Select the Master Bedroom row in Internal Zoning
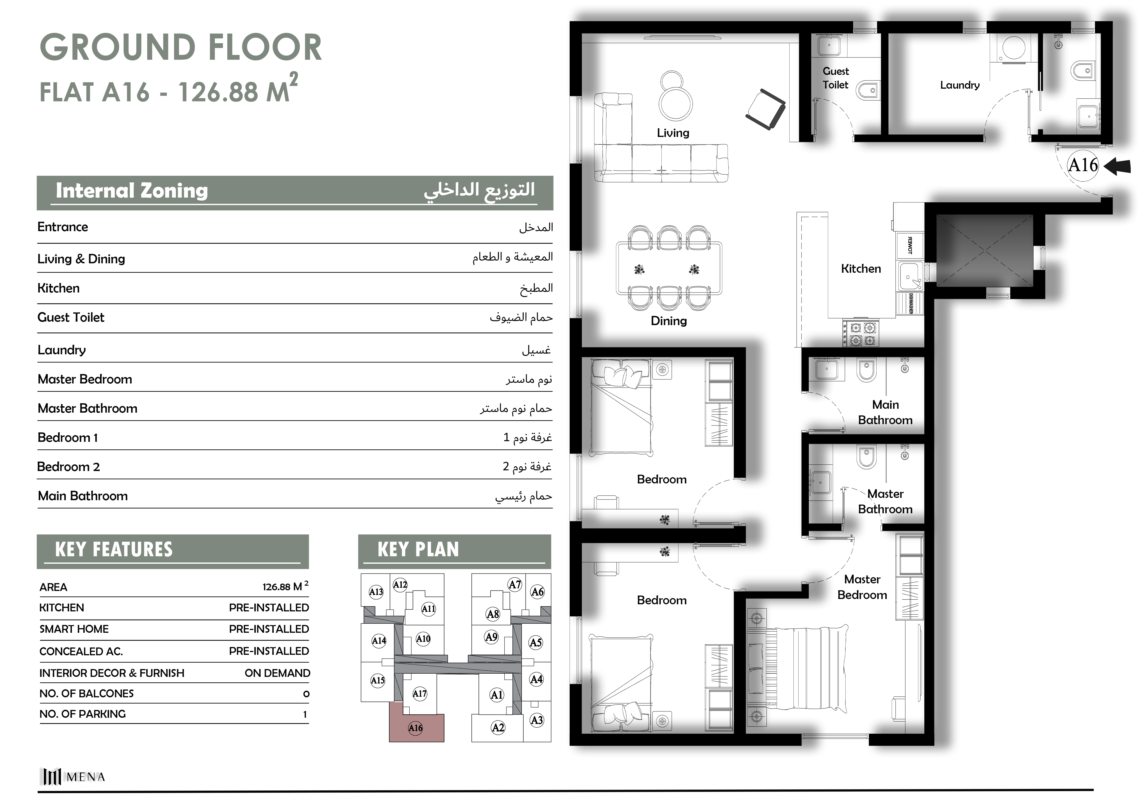(295, 379)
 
